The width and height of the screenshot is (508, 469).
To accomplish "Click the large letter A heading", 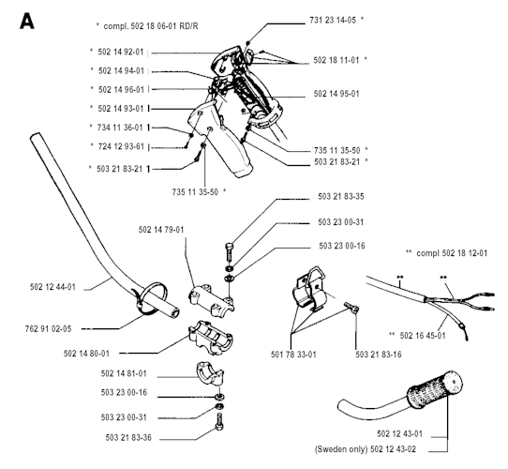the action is pos(27,22).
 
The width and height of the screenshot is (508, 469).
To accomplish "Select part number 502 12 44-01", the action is pos(52,287).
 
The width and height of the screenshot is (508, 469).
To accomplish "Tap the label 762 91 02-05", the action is pos(48,329).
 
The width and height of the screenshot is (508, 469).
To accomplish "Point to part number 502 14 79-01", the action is pos(161,230).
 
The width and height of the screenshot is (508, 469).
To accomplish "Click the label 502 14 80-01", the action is pos(86,354).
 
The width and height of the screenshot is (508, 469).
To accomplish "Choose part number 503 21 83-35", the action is pos(341,197).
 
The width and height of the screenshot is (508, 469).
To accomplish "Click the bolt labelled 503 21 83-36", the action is pos(219,423).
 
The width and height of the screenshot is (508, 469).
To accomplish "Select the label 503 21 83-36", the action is pos(128,438).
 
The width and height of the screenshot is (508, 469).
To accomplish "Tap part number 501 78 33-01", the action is pos(293,355).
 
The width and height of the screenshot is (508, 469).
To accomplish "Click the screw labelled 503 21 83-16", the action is pos(351,307).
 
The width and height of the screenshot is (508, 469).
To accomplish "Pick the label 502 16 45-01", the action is pos(423,336).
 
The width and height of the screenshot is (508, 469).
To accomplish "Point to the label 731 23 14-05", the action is pos(333,20).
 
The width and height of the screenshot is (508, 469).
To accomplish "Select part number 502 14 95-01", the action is pos(336,94).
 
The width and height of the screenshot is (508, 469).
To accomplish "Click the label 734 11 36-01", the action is pos(120,128).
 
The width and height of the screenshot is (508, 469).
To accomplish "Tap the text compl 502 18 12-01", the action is pos(452,253).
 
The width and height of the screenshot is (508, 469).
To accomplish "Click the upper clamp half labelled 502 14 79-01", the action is pos(211,298).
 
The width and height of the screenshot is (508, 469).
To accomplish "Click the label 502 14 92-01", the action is pos(121,52).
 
